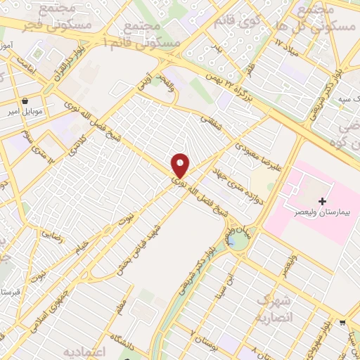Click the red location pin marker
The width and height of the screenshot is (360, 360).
tap(181, 165)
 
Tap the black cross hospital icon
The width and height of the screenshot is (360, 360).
tap(323, 202)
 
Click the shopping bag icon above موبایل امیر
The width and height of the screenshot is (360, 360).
tap(26, 101)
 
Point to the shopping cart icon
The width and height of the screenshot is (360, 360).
tap(342, 323)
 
